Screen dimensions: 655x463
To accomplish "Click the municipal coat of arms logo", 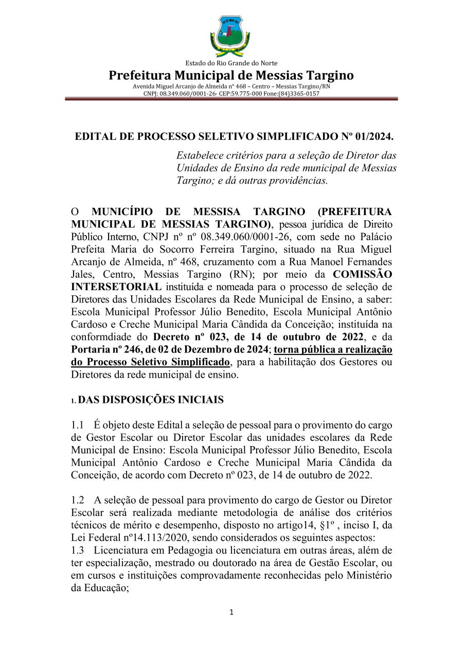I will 230,36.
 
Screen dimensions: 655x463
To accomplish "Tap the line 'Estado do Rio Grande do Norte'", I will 231,63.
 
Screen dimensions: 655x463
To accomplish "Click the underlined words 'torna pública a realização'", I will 333,350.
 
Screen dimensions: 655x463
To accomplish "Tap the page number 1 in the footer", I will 232,612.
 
